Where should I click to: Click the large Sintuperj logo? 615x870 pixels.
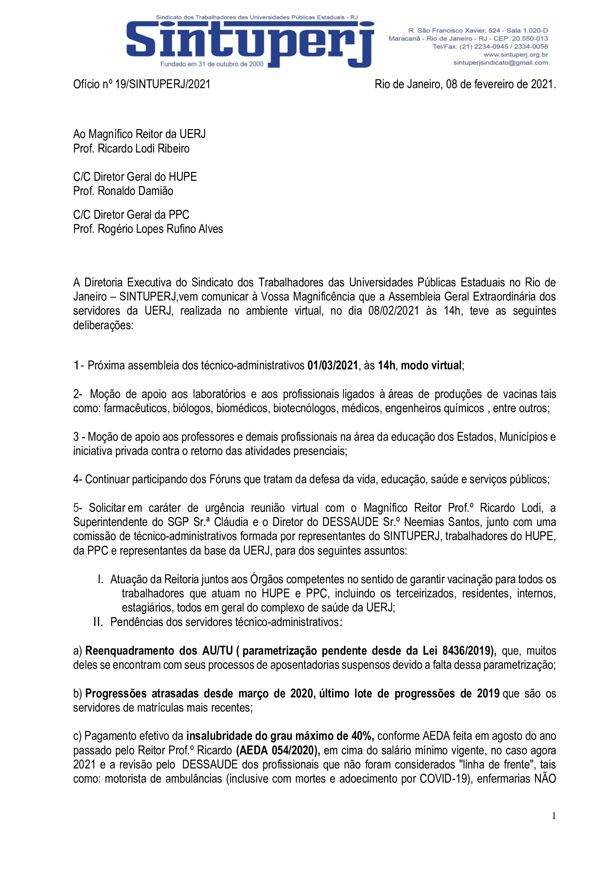click(x=250, y=42)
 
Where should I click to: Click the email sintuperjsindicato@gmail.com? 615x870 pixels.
click(x=500, y=63)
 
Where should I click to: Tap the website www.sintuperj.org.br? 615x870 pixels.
click(x=515, y=55)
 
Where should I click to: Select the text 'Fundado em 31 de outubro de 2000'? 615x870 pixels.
click(x=212, y=64)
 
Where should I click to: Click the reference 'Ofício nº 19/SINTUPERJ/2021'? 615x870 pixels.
click(x=142, y=84)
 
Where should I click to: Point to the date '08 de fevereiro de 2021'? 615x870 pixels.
click(x=500, y=84)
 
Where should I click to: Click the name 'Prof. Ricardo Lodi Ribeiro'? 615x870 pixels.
click(x=131, y=148)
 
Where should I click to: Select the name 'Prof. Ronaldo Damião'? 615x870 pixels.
click(x=123, y=191)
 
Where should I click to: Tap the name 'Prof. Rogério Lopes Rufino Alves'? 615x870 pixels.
click(x=148, y=229)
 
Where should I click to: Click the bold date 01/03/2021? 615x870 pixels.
click(x=332, y=365)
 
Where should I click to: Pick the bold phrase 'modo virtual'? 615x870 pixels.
click(x=431, y=365)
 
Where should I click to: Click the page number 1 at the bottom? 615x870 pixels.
click(x=554, y=816)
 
